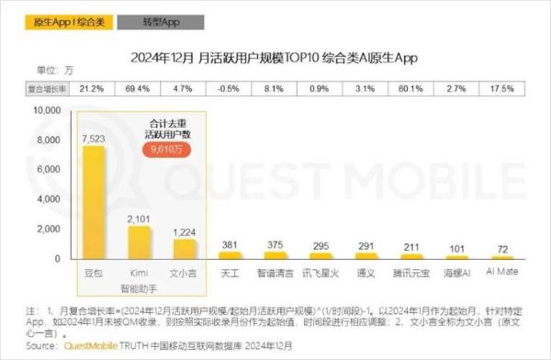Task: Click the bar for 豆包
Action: coord(93,202)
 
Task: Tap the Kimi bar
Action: coord(140,242)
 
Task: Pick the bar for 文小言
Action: coord(185,248)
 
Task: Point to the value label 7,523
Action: coord(93,139)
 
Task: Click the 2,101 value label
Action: coord(140,218)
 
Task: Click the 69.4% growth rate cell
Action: coord(140,88)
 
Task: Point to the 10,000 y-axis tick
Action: coord(47,109)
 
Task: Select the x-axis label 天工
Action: coord(230,272)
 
